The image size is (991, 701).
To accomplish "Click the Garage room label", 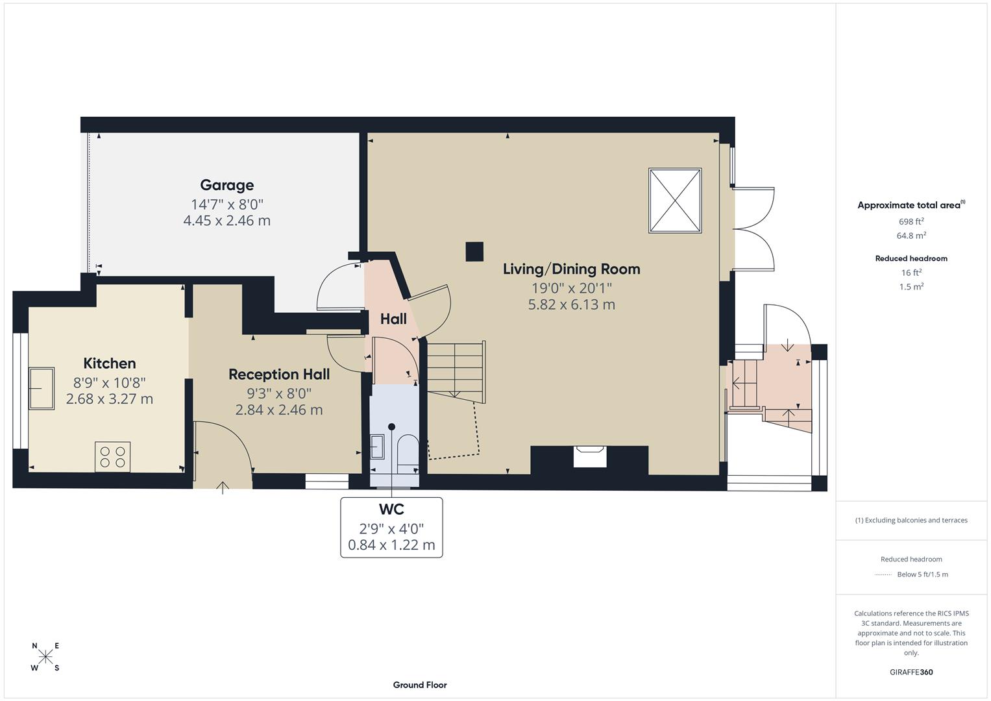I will [226, 186].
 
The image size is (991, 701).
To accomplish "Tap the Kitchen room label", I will [110, 363].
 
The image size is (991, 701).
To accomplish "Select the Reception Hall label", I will [279, 375].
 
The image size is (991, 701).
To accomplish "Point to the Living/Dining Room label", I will [571, 269].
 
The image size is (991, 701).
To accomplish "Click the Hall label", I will [393, 319].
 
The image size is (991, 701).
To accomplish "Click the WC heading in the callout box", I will [391, 510].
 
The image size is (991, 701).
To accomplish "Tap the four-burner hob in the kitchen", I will [112, 456].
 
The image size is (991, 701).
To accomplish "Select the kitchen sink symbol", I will [42, 388].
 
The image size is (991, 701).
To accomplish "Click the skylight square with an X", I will [675, 201].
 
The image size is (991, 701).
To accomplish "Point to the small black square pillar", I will [474, 252].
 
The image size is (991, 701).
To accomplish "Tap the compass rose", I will [45, 657].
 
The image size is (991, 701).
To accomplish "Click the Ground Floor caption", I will [420, 685].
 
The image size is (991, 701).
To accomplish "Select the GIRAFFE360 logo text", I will [911, 672].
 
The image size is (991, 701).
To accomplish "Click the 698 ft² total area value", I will [911, 221].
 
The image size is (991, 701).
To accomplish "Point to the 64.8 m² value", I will [911, 236].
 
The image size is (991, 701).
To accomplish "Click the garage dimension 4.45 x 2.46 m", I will [226, 221].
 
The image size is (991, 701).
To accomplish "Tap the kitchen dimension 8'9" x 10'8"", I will [110, 382].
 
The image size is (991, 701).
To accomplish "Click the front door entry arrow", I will [223, 487].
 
